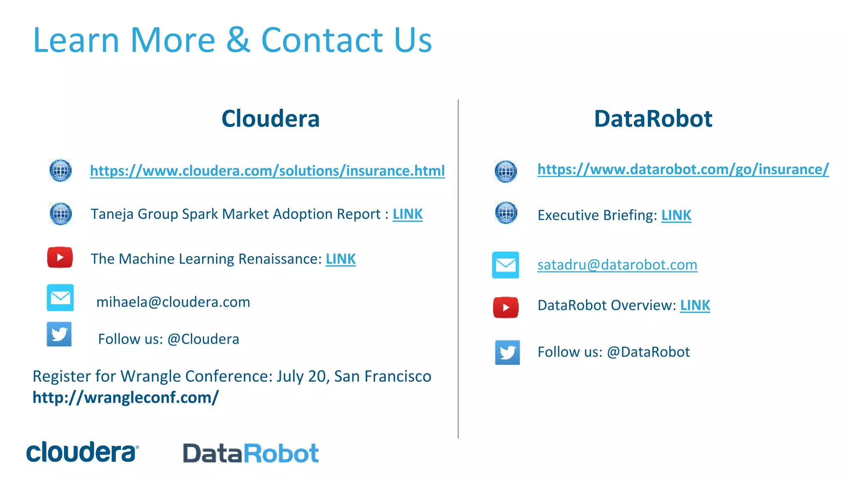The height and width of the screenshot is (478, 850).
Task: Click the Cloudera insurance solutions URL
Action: pyautogui.click(x=267, y=171)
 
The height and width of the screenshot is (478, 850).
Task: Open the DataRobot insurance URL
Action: pyautogui.click(x=683, y=169)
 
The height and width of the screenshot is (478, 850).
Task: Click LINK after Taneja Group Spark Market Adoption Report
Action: pyautogui.click(x=408, y=214)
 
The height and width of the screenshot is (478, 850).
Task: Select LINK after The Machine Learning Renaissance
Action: pyautogui.click(x=340, y=259)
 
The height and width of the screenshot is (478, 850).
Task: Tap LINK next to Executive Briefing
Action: pyautogui.click(x=676, y=215)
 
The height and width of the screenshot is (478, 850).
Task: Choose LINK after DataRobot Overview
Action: pyautogui.click(x=695, y=305)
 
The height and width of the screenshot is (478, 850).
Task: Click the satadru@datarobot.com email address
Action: pyautogui.click(x=617, y=265)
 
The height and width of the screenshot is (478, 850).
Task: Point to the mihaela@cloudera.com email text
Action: pyautogui.click(x=173, y=302)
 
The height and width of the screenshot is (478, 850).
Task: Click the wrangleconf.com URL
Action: pyautogui.click(x=125, y=398)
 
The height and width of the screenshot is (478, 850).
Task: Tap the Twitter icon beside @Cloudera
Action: pyautogui.click(x=59, y=334)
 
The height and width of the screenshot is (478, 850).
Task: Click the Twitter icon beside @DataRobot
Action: pyautogui.click(x=507, y=352)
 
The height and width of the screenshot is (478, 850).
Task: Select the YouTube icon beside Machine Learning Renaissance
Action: pyautogui.click(x=60, y=257)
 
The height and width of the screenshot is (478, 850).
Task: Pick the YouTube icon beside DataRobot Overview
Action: pyautogui.click(x=506, y=307)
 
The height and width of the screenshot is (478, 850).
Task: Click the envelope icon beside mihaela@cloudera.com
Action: pyautogui.click(x=60, y=298)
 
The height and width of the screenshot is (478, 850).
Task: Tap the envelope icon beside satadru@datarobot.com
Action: pyautogui.click(x=506, y=265)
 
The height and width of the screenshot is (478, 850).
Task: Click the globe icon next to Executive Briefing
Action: pyautogui.click(x=506, y=213)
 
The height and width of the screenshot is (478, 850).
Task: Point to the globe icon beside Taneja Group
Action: pyautogui.click(x=61, y=214)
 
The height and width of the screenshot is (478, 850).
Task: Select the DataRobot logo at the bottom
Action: pyautogui.click(x=251, y=453)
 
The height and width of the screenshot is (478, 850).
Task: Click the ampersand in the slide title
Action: pyautogui.click(x=238, y=40)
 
